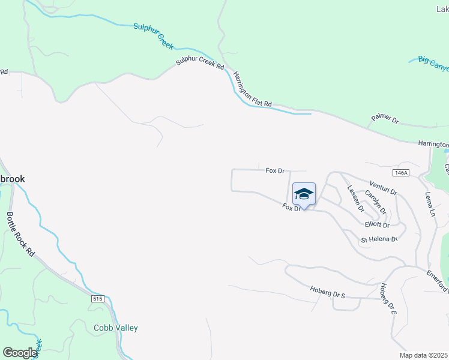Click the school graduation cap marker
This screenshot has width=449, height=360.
pyautogui.click(x=304, y=194)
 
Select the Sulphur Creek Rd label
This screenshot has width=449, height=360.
pyautogui.click(x=200, y=58)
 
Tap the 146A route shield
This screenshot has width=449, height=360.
pyautogui.click(x=402, y=173)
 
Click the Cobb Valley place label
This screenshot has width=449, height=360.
pyautogui.click(x=116, y=328)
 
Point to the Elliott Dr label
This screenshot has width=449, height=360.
pyautogui.click(x=377, y=225)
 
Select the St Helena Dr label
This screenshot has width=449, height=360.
pyautogui.click(x=379, y=240)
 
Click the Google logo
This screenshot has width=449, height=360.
pyautogui.click(x=20, y=353)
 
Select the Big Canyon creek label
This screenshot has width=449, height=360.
pyautogui.click(x=433, y=64)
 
